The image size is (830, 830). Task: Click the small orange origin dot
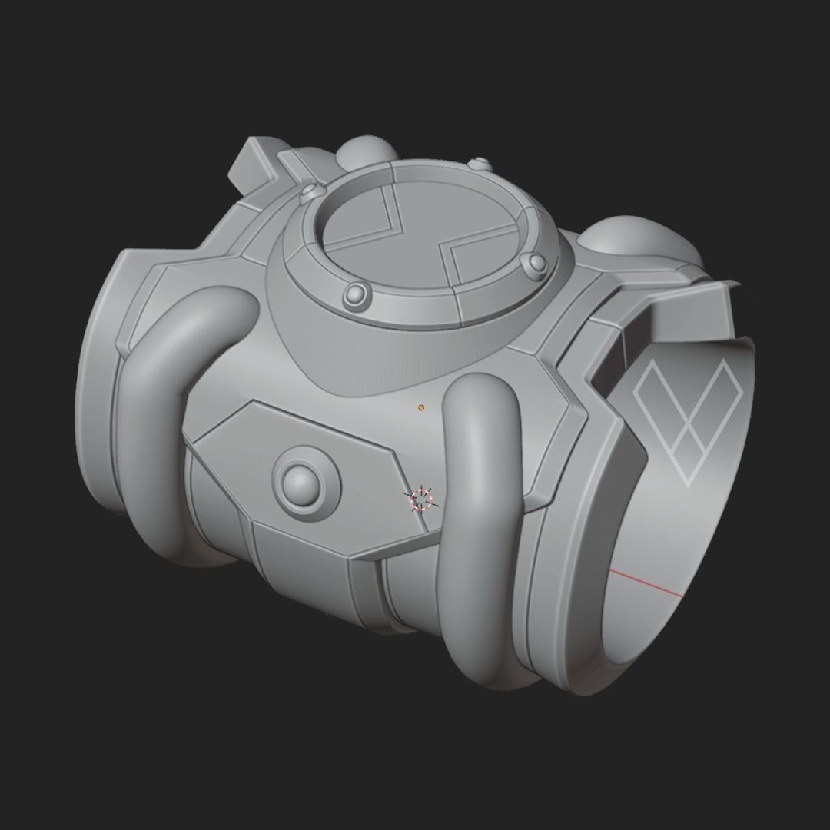tap(421, 407)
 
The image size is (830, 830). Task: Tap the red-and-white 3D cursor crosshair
tap(421, 500)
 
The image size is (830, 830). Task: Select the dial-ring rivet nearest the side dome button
tap(357, 292)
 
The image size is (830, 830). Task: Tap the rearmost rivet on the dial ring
tap(480, 164)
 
